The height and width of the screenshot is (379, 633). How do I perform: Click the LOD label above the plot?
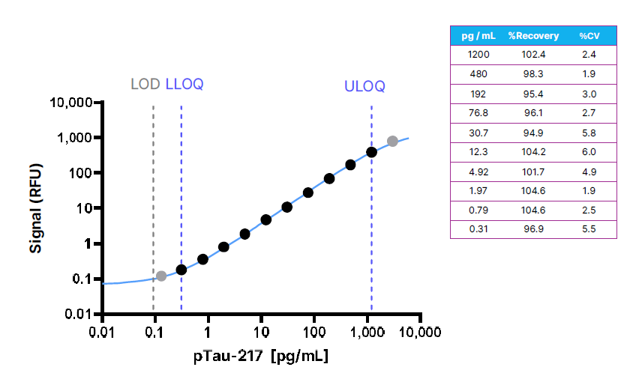(145, 84)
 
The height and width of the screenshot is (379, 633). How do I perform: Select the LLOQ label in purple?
(184, 84)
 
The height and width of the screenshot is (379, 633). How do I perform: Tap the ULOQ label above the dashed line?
(364, 86)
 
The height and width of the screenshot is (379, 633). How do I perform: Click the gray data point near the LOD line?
(160, 276)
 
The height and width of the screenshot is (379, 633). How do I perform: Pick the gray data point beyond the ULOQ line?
(392, 141)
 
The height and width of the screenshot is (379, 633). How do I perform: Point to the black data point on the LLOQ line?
(181, 270)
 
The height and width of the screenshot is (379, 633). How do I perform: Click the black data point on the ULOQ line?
(371, 152)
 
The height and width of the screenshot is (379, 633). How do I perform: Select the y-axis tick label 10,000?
(70, 103)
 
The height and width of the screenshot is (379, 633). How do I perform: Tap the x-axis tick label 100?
(313, 331)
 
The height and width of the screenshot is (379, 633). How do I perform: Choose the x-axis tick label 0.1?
(154, 331)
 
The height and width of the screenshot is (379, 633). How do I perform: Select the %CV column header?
(589, 35)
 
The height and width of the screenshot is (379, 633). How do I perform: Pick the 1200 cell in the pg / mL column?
(477, 55)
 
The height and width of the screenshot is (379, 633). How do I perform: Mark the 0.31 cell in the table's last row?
(477, 229)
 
